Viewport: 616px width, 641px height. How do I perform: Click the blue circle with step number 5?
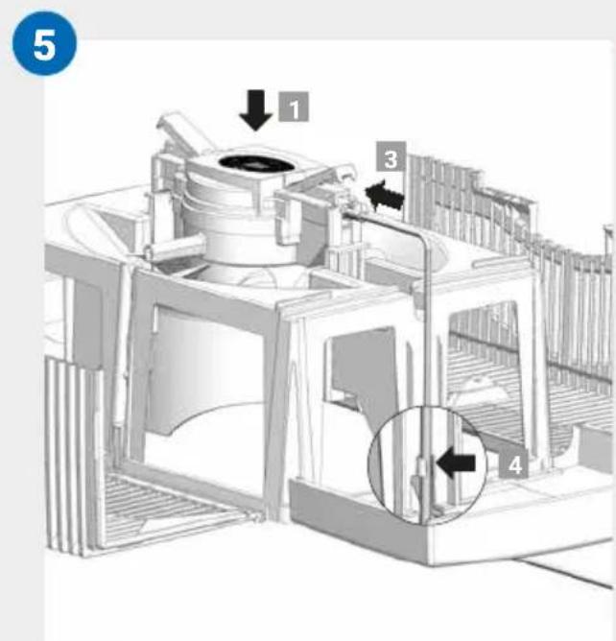pyautogui.click(x=44, y=43)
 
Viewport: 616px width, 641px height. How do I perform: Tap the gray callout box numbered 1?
pyautogui.click(x=294, y=107)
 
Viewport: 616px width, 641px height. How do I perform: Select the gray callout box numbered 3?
pyautogui.click(x=391, y=156)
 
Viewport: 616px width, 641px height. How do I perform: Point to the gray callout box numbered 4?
pyautogui.click(x=513, y=463)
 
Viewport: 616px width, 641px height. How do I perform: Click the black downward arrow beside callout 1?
pyautogui.click(x=255, y=109)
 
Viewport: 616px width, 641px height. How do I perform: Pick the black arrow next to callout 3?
pyautogui.click(x=384, y=195)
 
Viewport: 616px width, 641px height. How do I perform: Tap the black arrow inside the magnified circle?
pyautogui.click(x=456, y=462)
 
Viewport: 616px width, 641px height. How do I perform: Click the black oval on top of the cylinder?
pyautogui.click(x=256, y=163)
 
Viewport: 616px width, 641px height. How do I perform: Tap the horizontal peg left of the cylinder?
pyautogui.click(x=175, y=248)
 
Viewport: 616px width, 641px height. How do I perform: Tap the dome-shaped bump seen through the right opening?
pyautogui.click(x=479, y=387)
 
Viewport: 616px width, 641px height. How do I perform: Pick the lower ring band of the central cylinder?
pyautogui.click(x=249, y=246)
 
